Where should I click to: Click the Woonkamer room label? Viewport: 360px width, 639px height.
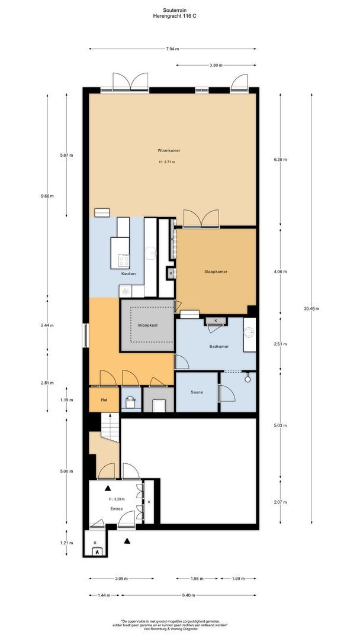169,150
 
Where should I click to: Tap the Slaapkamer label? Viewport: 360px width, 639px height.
216,272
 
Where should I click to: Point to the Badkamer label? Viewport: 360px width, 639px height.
219,346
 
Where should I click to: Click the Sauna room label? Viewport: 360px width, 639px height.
197,392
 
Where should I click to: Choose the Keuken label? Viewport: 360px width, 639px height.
128,274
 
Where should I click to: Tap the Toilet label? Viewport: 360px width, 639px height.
131,400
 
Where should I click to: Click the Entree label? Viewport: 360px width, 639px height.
116,508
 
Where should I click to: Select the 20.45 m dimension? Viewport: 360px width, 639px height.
316,308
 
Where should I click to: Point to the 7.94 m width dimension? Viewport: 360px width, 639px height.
173,49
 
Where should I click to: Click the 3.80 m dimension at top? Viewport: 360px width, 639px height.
216,65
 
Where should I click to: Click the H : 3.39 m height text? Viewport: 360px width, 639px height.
117,499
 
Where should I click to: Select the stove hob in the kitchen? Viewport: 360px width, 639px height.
125,259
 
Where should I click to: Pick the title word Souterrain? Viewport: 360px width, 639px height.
179,10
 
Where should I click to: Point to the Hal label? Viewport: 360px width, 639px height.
104,400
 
